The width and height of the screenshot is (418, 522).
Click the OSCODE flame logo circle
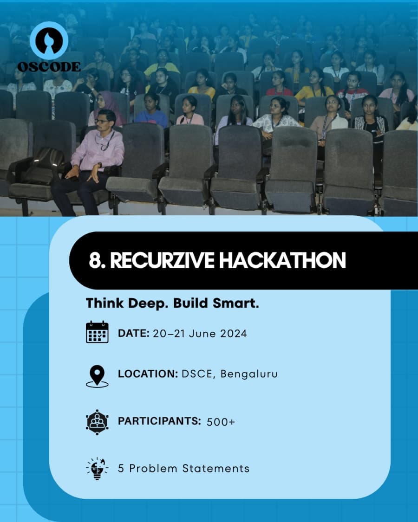pos(49,40)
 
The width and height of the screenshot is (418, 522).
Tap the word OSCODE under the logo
pos(49,66)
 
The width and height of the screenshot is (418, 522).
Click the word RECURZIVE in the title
pos(162,261)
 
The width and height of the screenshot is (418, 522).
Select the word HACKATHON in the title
pos(282,261)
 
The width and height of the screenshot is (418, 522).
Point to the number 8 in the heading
pos(95,261)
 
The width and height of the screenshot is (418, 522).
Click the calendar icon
pos(97,332)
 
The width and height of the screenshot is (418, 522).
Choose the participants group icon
pos(97,421)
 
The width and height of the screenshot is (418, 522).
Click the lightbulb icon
pos(97,468)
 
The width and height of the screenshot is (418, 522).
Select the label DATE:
pos(133,333)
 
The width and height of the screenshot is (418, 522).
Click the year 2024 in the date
pos(230,333)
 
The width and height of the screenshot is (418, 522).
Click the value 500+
pos(221,422)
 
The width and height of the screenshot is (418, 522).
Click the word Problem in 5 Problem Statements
pos(156,468)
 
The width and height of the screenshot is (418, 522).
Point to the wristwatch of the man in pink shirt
pos(99,165)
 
